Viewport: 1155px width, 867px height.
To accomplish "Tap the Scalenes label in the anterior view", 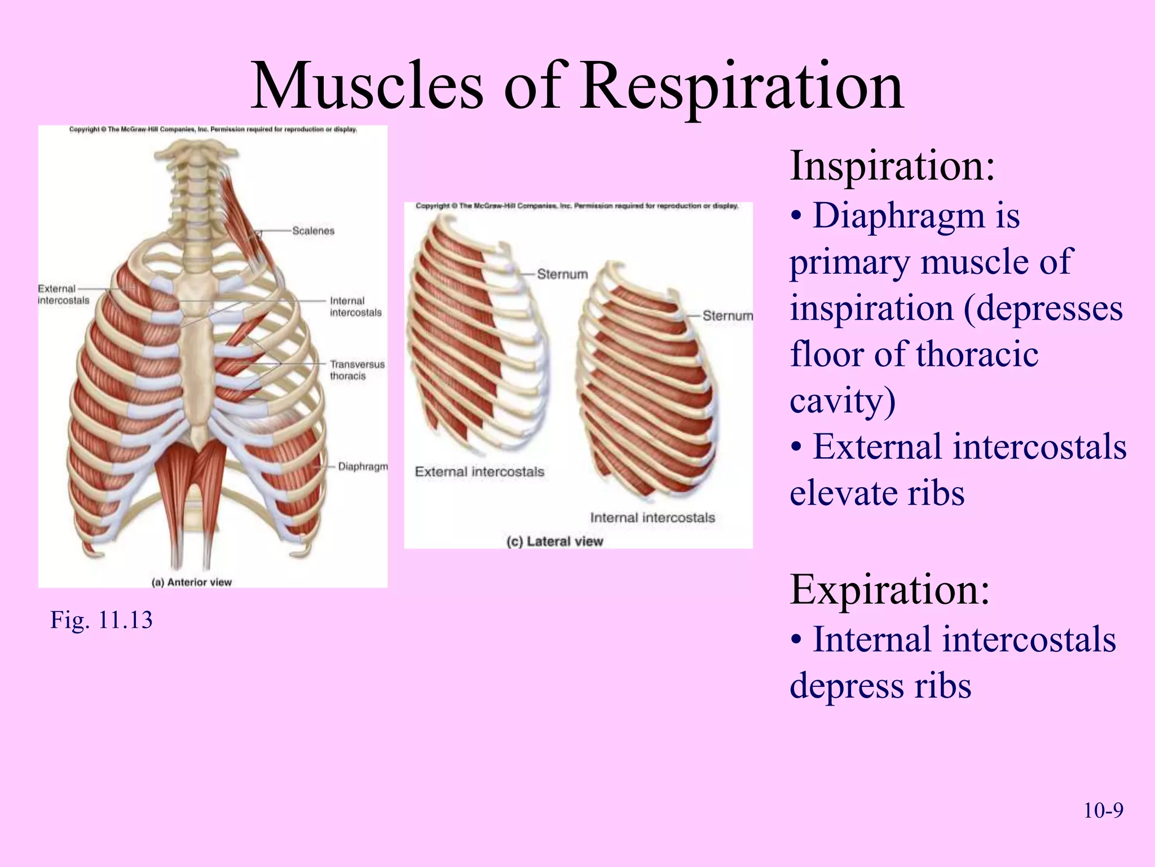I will click(313, 231).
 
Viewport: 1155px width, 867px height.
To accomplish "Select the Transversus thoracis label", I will click(357, 370).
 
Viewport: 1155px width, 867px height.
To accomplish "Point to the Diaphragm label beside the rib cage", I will click(363, 467).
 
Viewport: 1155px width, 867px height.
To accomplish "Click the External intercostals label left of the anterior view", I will click(63, 295).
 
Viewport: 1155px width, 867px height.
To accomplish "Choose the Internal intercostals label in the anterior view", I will click(355, 306).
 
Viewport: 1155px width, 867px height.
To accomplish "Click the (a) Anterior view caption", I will click(192, 583).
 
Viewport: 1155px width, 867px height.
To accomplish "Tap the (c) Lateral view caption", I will click(554, 542).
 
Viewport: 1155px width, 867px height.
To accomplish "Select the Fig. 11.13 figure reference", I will click(102, 620).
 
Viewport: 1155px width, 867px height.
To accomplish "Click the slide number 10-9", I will click(1103, 811).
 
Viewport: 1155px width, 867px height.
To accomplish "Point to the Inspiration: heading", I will click(892, 166).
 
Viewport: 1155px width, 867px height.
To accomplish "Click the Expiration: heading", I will click(889, 590).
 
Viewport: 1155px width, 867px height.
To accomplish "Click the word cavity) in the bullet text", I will click(843, 401).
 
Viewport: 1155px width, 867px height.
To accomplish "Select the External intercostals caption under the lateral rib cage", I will click(479, 472).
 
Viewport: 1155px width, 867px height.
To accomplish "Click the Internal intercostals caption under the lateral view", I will click(653, 518).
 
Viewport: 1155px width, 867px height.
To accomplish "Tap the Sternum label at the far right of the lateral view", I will click(728, 316).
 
